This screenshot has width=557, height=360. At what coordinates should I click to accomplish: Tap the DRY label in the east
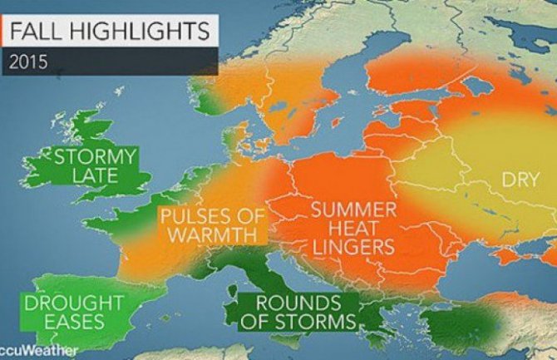(x=517, y=180)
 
